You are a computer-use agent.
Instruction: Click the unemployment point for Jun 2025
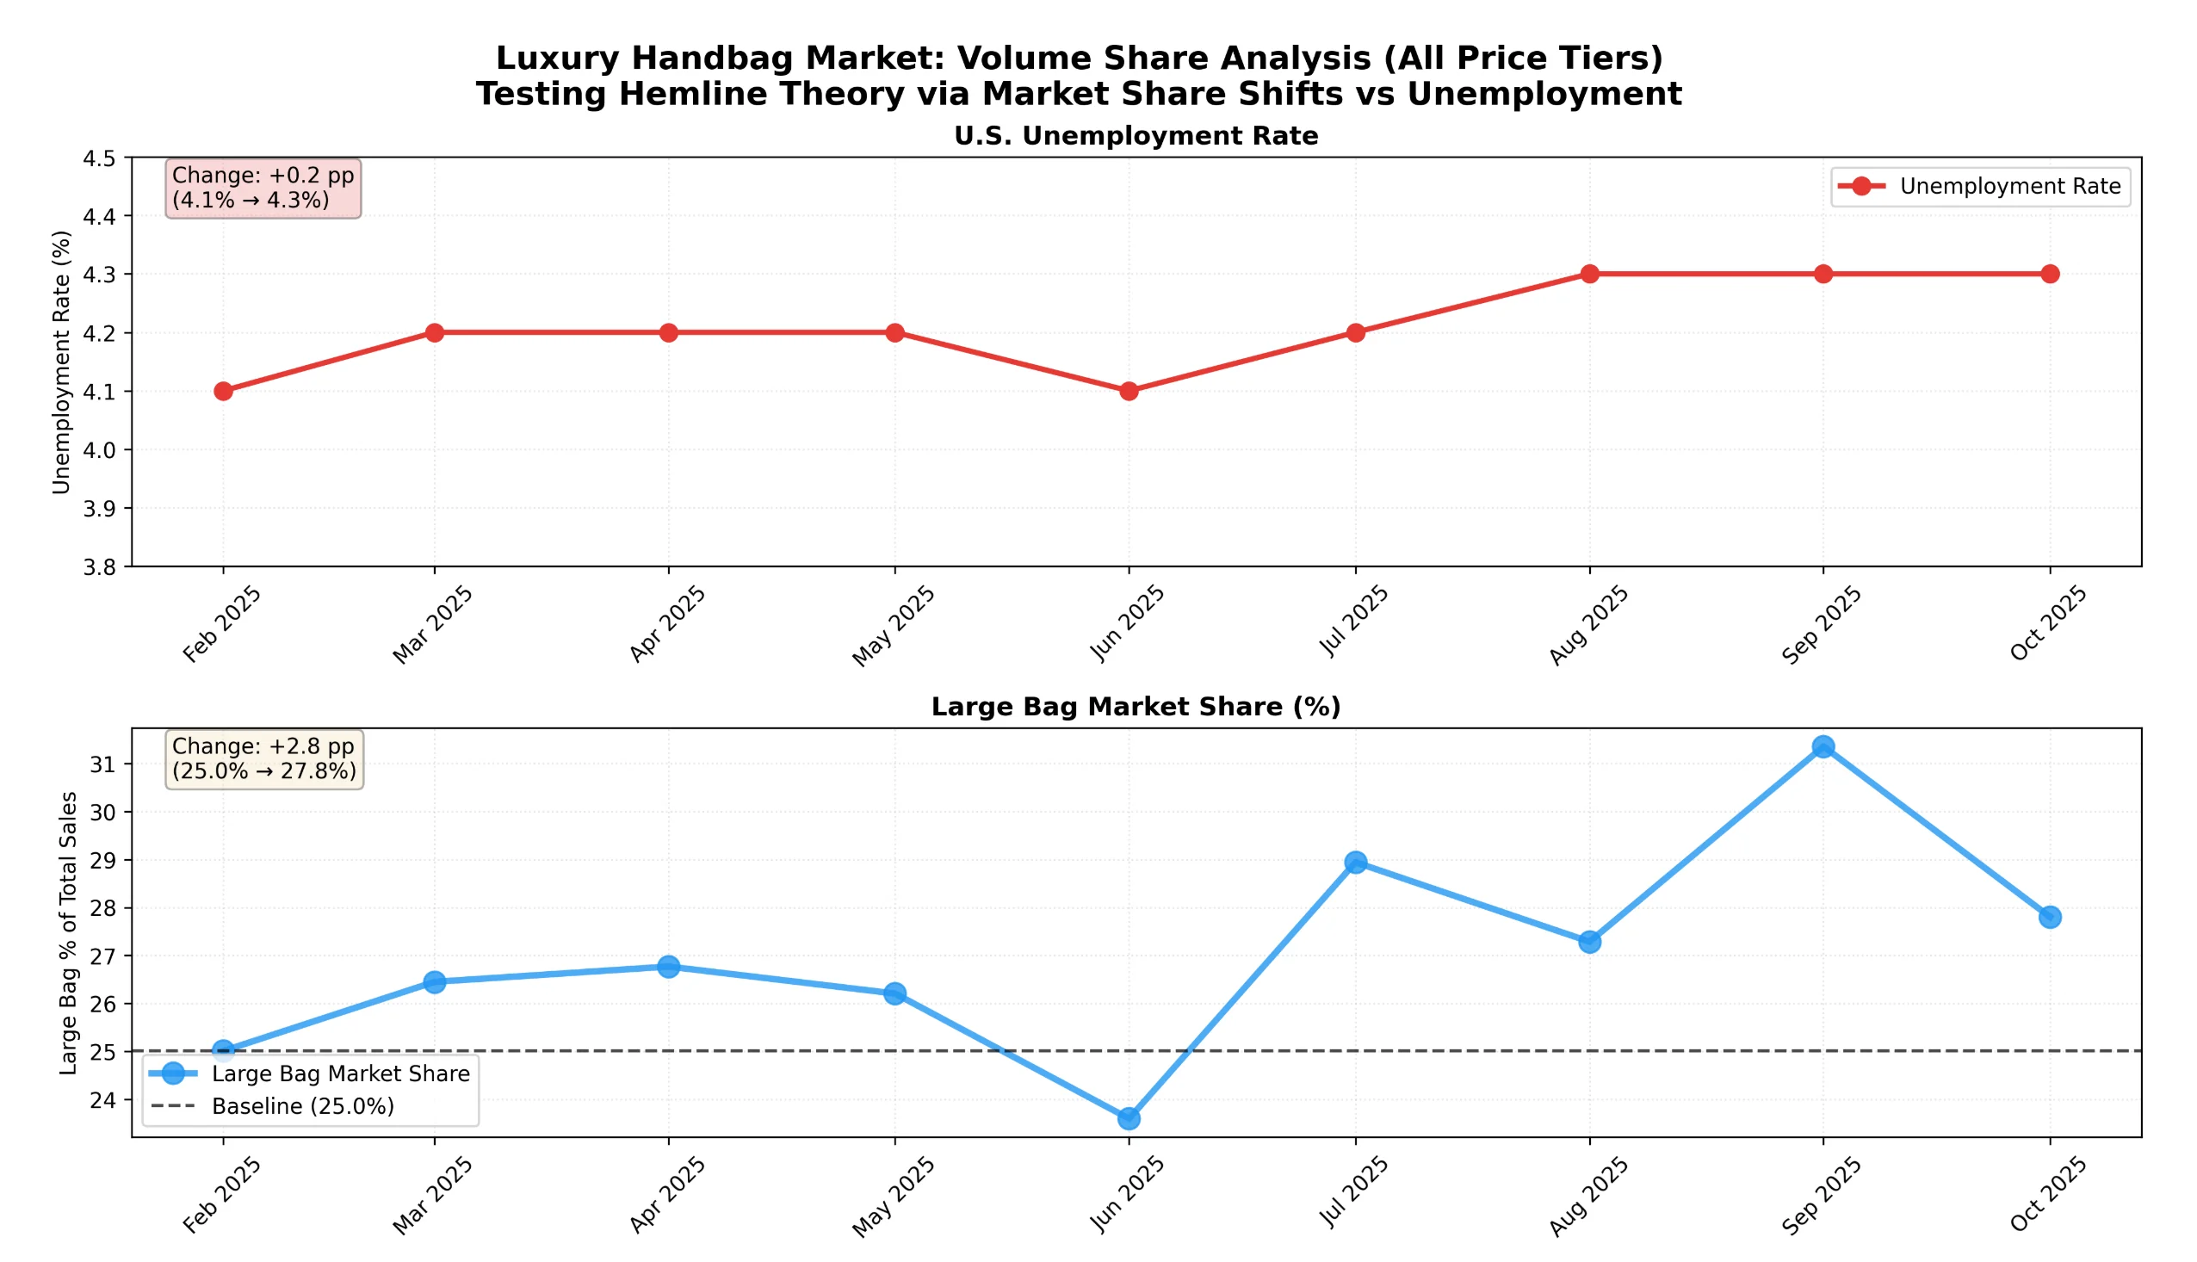[1129, 391]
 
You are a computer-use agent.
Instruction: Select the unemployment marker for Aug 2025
[1589, 274]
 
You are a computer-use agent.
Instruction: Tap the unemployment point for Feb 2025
[224, 391]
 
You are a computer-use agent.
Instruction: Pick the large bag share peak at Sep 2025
[1823, 747]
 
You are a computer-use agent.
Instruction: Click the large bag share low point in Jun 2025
[1129, 1119]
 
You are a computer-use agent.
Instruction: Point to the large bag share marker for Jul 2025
[1356, 863]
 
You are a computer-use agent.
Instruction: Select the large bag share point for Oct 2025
[2050, 917]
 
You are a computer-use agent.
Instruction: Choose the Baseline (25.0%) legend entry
[302, 1107]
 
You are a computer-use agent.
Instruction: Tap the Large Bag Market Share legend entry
[340, 1074]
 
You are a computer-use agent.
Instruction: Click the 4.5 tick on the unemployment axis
[99, 158]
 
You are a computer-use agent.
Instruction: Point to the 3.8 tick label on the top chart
[99, 567]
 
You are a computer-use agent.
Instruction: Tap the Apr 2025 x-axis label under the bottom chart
[667, 1195]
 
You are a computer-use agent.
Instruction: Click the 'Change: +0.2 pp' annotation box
[263, 188]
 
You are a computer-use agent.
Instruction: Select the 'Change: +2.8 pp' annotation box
[264, 759]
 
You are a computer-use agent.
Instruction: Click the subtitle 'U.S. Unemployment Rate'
[1136, 136]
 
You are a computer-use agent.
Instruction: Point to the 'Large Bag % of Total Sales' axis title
[69, 933]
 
